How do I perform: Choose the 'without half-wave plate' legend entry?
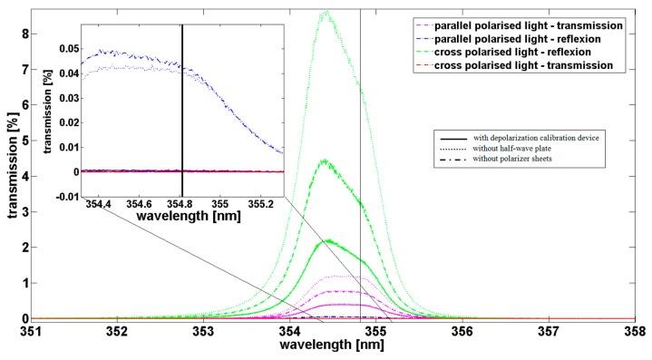518,147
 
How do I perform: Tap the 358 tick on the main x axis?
634,332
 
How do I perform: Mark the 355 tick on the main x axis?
376,332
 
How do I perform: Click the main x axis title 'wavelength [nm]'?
331,347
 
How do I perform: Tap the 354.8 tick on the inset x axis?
181,204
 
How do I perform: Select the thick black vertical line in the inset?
182,109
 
